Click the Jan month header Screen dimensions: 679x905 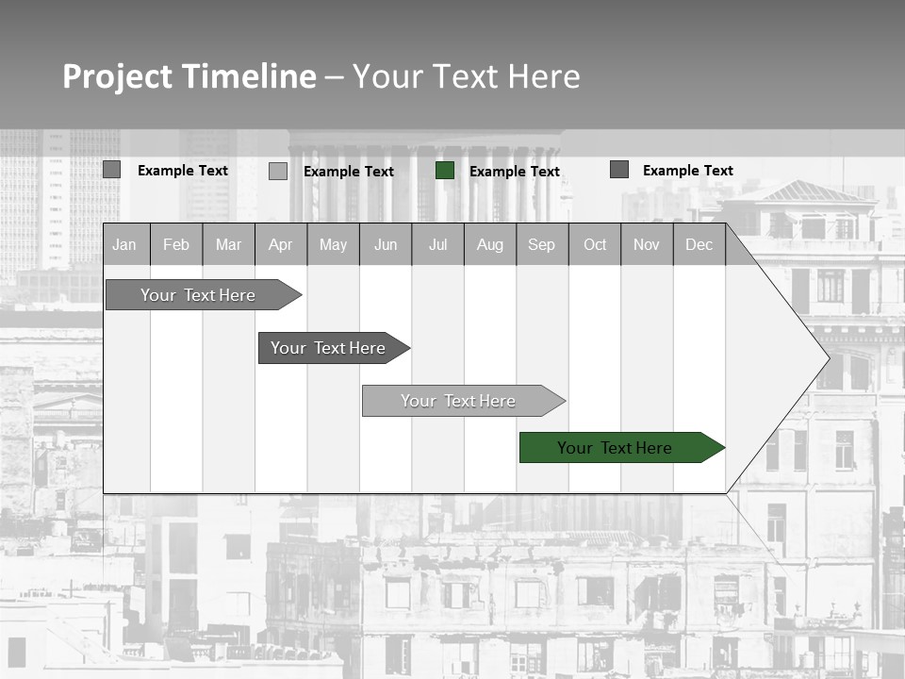point(124,245)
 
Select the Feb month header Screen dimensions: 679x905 point(176,245)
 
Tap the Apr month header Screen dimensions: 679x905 point(280,245)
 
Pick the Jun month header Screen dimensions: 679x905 point(386,245)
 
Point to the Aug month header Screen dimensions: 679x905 point(489,245)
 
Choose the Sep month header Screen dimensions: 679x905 point(541,245)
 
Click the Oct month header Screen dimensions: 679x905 point(595,245)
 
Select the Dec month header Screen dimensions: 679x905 point(699,245)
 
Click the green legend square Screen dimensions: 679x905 point(445,171)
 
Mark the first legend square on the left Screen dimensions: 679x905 point(111,170)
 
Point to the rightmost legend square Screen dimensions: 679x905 point(619,170)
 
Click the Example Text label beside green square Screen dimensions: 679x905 point(515,172)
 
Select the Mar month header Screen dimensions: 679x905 point(228,245)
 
